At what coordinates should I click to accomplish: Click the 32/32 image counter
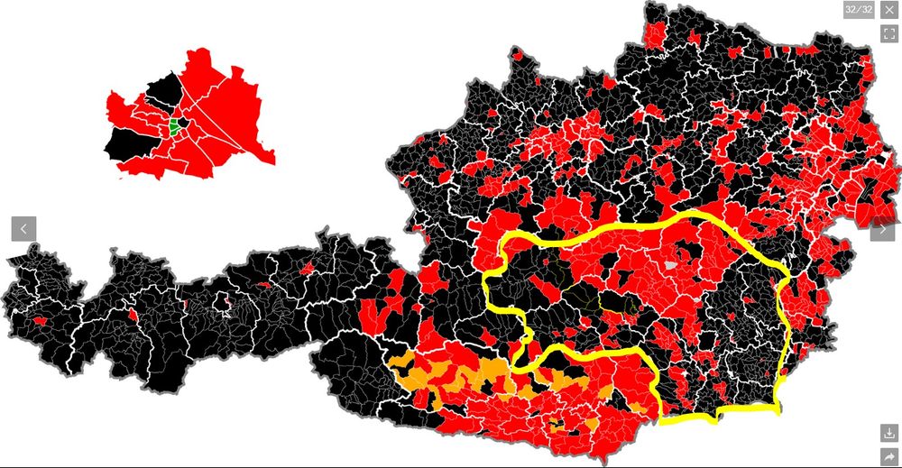coord(859,10)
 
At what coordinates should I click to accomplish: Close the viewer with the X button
coord(889,10)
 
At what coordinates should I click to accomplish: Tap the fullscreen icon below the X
coord(889,33)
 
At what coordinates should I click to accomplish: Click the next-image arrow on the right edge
coord(882,229)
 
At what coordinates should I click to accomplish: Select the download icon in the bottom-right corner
coord(889,433)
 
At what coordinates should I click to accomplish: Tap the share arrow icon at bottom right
coord(889,456)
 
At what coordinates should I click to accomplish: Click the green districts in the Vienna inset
coord(173,126)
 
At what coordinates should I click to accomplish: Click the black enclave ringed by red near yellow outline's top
coord(630,262)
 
